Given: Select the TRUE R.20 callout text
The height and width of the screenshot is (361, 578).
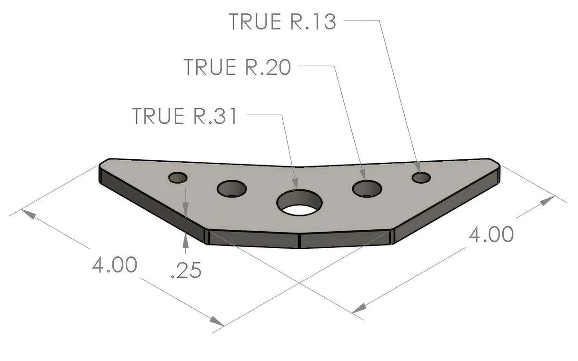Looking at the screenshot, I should click(237, 67).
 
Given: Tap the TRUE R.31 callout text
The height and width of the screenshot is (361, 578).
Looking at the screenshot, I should click(184, 116).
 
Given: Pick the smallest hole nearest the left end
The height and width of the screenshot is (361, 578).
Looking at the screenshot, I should click(178, 177).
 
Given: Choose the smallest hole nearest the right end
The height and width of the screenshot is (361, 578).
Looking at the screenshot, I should click(421, 177).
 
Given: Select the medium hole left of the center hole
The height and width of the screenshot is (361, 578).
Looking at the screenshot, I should click(231, 189).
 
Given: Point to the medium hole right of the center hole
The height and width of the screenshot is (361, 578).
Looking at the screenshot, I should click(367, 188).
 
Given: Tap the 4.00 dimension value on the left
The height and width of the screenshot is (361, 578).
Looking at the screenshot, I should click(115, 264).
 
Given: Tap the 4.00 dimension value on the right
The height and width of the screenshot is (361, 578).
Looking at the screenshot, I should click(491, 234).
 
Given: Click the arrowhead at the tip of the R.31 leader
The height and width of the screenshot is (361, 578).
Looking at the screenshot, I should click(295, 185).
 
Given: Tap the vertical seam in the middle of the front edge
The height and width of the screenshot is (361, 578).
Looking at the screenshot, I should click(300, 241).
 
